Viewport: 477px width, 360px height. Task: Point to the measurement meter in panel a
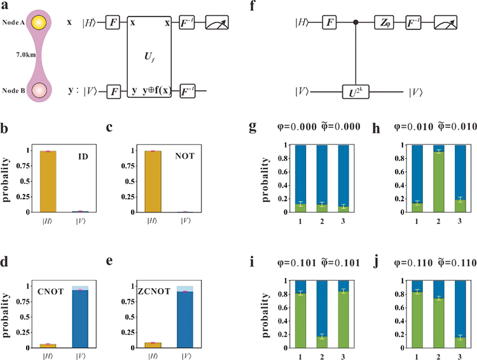tap(218, 23)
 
